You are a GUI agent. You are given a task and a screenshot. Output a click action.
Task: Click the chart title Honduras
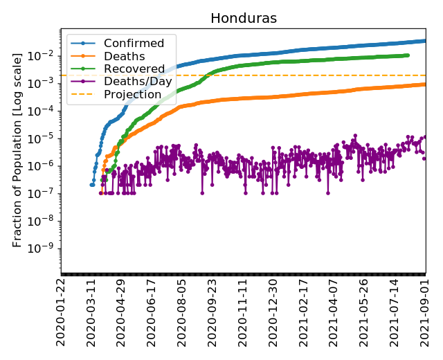[x=243, y=19]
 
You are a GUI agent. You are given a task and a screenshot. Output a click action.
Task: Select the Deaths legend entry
[x=125, y=57]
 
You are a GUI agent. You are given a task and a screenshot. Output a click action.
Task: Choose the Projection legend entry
[x=132, y=95]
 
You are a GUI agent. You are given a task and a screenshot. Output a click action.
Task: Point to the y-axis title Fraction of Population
[x=18, y=149]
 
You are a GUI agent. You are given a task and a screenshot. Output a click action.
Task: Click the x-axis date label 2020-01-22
[x=62, y=312]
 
